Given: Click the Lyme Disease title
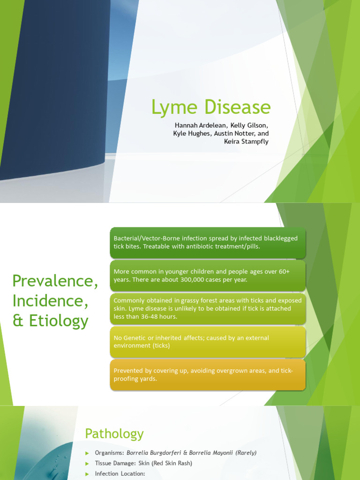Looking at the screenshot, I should click(x=210, y=107).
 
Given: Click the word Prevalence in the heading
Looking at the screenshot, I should click(x=55, y=281).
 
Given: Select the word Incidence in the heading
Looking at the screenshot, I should click(x=50, y=301).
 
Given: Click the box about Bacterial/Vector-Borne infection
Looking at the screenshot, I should click(x=208, y=243).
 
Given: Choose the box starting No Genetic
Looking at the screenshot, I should click(x=208, y=342).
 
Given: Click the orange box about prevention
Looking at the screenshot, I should click(x=208, y=375).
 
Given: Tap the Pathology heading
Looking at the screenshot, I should click(x=114, y=434).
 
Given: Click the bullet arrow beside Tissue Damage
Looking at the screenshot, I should click(x=87, y=464).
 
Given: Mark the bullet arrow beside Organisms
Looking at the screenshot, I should click(x=87, y=453).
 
